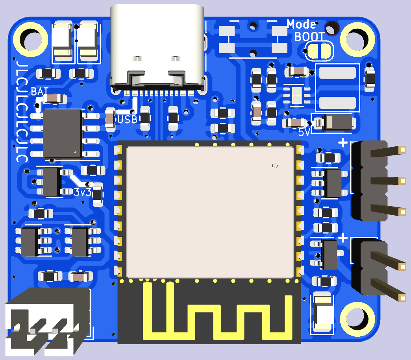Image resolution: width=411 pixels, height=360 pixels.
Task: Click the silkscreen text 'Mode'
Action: [x=301, y=24]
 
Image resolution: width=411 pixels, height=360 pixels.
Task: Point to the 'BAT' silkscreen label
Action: [x=40, y=92]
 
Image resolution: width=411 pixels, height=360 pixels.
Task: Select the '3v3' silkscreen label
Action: [x=82, y=192]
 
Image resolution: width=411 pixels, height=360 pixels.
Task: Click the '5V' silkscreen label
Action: [x=304, y=132]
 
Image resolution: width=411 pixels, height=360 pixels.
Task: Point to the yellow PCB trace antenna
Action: [x=217, y=315]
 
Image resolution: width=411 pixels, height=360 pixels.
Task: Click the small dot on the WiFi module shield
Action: [x=275, y=166]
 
